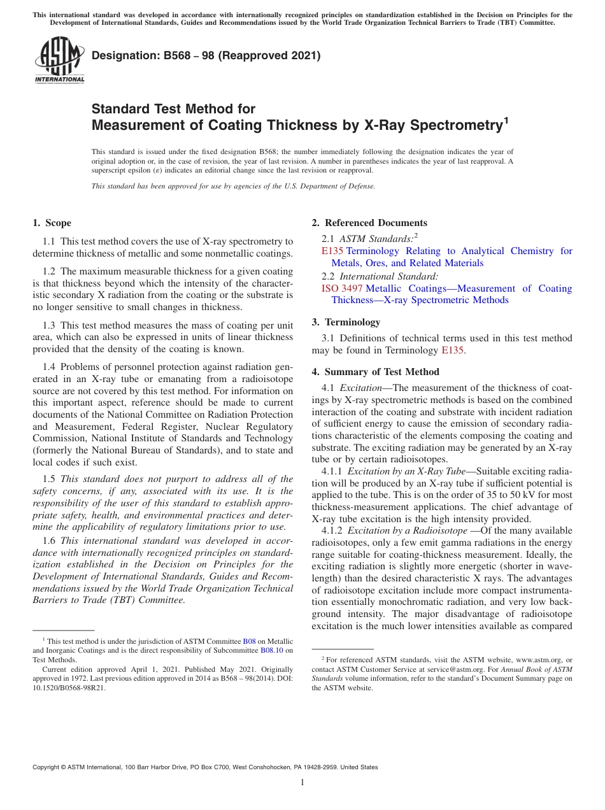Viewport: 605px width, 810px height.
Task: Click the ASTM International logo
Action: point(59,60)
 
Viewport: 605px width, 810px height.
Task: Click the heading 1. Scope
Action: point(52,223)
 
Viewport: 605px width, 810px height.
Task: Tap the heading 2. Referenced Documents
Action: point(369,223)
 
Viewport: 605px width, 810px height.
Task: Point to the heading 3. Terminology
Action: point(346,322)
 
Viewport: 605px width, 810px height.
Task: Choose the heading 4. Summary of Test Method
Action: point(375,372)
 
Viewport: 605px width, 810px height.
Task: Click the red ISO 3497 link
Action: point(342,288)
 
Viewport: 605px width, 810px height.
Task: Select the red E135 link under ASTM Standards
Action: point(332,251)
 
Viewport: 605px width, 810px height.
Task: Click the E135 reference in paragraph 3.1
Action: point(453,350)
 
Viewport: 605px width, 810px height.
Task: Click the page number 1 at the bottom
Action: point(302,783)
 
